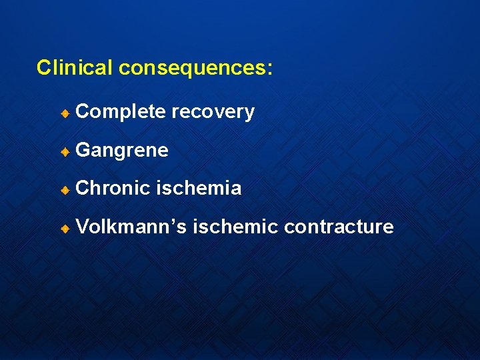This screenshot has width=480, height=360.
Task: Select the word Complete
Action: (x=121, y=112)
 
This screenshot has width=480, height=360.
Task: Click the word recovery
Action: (x=213, y=112)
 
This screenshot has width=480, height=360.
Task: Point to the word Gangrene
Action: (x=122, y=151)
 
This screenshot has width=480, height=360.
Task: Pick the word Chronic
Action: (x=113, y=189)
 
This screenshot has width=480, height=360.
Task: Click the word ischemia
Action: (x=199, y=189)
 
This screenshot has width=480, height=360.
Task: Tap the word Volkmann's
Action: (x=131, y=227)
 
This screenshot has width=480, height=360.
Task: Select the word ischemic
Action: (x=235, y=227)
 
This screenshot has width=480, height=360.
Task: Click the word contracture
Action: (x=339, y=227)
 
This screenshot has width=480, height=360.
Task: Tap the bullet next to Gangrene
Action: (x=65, y=151)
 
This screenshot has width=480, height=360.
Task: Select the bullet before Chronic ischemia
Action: (x=65, y=189)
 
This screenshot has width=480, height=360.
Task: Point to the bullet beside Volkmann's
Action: (x=65, y=227)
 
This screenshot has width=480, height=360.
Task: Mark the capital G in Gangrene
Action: (x=83, y=150)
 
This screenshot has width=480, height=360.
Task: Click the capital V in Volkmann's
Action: (x=83, y=227)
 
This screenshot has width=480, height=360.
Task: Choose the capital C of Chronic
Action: (x=83, y=189)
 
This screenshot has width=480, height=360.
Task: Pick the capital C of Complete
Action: (x=83, y=112)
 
